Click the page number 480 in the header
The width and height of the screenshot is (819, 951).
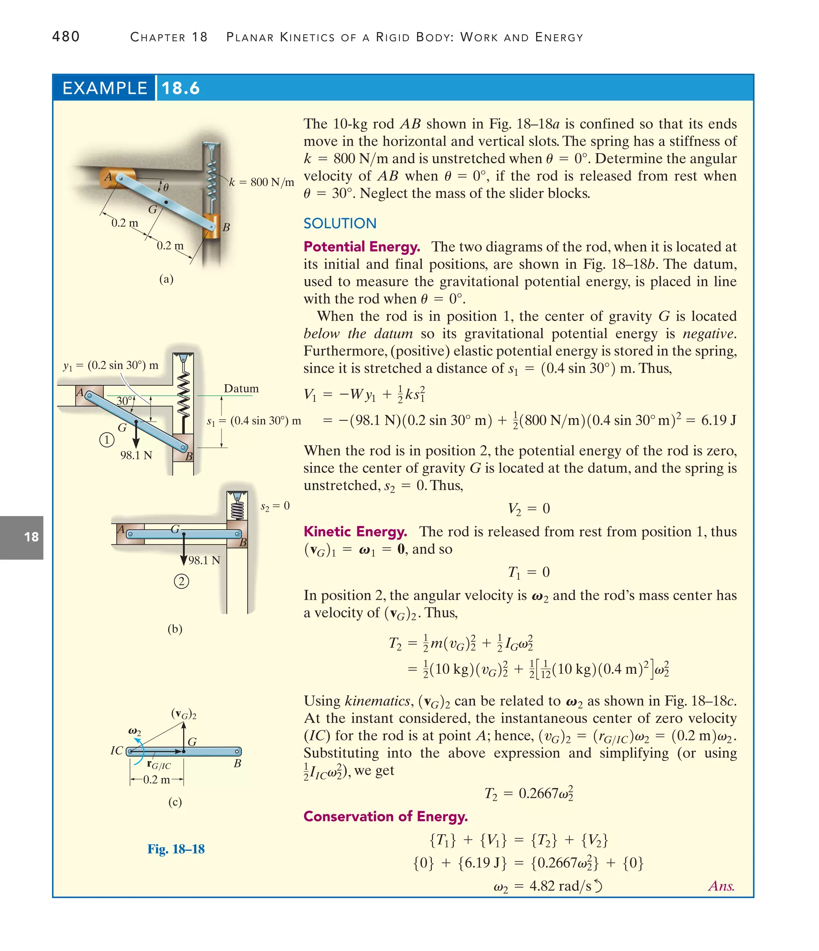[66, 37]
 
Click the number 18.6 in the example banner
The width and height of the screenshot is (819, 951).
[180, 88]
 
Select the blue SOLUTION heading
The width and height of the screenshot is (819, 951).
[340, 224]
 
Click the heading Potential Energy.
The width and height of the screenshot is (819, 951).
[362, 247]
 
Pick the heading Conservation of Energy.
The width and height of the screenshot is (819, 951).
[386, 816]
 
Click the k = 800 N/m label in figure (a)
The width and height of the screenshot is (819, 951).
[262, 182]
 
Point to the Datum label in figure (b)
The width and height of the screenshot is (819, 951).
[241, 388]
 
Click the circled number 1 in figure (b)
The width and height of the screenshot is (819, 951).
[106, 440]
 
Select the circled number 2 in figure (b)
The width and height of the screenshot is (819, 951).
[181, 582]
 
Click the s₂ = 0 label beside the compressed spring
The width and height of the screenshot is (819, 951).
[275, 506]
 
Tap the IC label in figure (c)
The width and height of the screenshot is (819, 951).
[117, 751]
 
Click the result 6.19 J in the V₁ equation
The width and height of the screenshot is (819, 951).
[718, 420]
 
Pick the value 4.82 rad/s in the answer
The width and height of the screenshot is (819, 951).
[560, 885]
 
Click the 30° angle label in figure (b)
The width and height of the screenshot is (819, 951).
[124, 401]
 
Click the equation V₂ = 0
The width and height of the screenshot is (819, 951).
[529, 509]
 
